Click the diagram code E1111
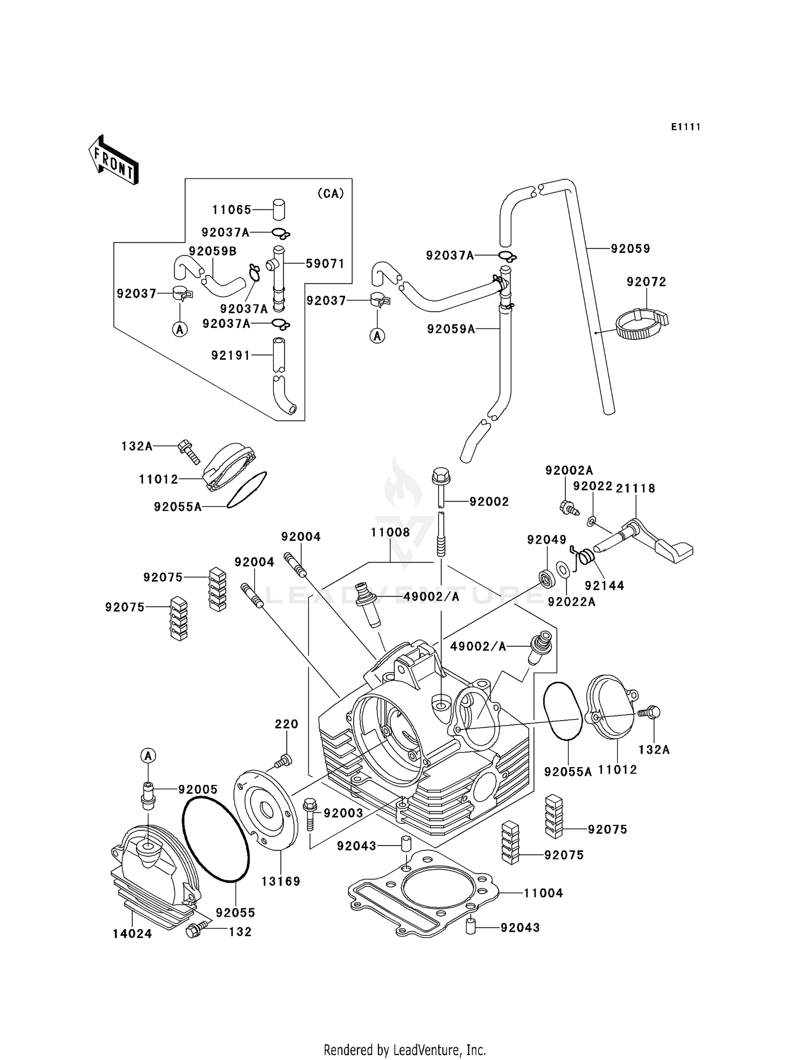click(x=686, y=127)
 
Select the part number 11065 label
click(x=232, y=210)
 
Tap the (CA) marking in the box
click(x=330, y=193)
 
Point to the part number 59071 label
click(x=325, y=264)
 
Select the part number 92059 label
click(x=630, y=249)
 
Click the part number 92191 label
click(x=231, y=355)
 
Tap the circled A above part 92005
click(x=148, y=756)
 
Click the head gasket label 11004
click(x=543, y=893)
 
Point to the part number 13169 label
click(x=281, y=881)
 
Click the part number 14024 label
click(x=132, y=934)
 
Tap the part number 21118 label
click(x=636, y=488)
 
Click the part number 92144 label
click(x=604, y=585)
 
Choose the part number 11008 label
click(x=390, y=532)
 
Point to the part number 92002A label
click(x=569, y=470)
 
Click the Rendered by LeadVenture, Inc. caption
click(x=404, y=1050)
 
